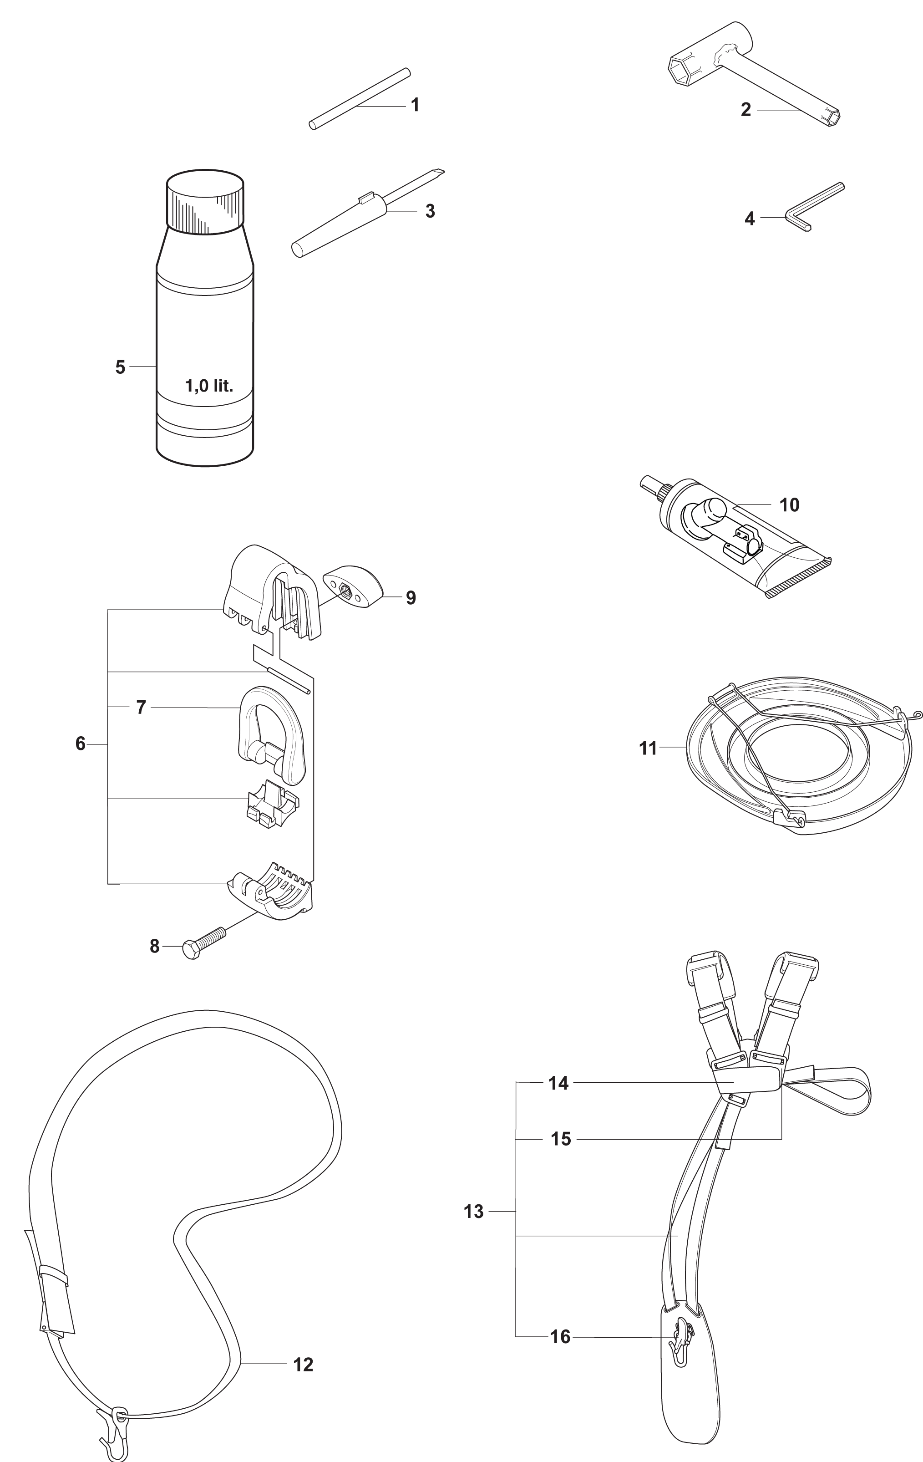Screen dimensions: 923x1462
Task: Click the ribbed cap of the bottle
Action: [205, 201]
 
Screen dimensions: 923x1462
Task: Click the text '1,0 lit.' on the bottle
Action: [209, 386]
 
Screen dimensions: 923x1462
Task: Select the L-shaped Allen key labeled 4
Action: [814, 206]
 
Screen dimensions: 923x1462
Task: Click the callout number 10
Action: [789, 504]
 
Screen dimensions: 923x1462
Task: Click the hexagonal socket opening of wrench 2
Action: [682, 72]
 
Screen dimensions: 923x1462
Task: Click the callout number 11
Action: [648, 748]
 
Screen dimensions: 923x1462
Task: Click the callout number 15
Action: [561, 1138]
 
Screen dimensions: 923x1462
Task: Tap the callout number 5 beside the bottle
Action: [120, 367]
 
